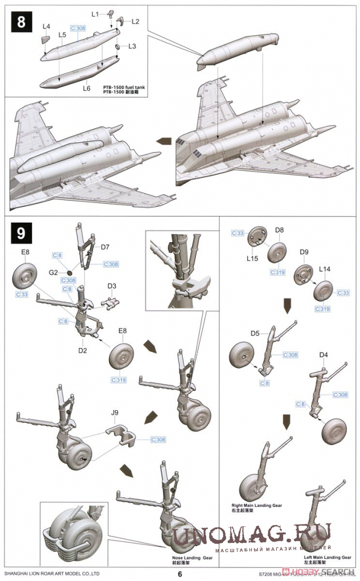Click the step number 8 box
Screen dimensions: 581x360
pos(21,23)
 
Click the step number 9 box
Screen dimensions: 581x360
pos(21,233)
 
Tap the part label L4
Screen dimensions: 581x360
pos(46,27)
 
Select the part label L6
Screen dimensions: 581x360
pos(87,88)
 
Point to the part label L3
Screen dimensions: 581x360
pos(132,46)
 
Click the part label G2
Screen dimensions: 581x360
pos(53,273)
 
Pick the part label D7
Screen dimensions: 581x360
pos(105,247)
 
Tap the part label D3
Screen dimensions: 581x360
pos(112,286)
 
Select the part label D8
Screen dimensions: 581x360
pos(279,230)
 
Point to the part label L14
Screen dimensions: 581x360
pos(324,268)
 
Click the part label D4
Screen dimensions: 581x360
pos(324,355)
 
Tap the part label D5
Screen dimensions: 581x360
pos(255,333)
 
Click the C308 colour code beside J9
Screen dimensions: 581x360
pos(160,440)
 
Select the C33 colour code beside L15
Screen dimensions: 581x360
pos(238,233)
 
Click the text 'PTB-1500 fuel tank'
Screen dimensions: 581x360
pos(124,86)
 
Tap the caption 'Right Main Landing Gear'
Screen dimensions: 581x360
pos(253,505)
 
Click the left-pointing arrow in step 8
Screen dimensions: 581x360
pos(165,140)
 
